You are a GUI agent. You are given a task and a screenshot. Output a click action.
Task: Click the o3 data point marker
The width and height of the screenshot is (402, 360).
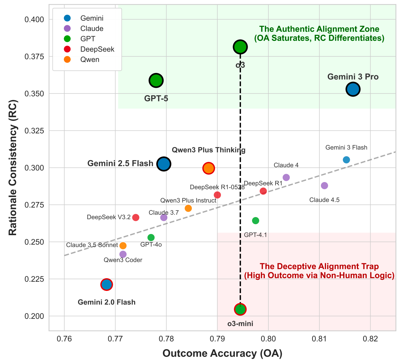[240, 47]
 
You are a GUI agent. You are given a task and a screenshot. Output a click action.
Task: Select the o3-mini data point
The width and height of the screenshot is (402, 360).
[240, 309]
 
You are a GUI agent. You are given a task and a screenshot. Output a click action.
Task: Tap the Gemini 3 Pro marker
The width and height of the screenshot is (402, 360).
[353, 89]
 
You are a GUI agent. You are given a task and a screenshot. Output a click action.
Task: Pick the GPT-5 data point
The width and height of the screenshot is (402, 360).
[156, 80]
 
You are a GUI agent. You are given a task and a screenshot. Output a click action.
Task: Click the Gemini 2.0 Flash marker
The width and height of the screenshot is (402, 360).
[106, 285]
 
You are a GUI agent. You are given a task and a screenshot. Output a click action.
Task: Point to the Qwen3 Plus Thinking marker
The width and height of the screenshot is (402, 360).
[209, 168]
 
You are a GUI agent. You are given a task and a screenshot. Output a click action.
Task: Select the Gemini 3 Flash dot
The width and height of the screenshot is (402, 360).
[346, 160]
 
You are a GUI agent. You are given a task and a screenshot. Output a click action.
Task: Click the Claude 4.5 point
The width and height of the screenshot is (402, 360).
[325, 186]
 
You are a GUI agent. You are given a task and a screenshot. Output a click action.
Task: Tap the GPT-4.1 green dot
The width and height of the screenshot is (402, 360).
[256, 221]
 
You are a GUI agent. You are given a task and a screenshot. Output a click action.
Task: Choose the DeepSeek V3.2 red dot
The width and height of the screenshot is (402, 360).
[136, 217]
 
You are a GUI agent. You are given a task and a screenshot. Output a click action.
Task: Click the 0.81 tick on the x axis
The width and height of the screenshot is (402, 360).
[319, 339]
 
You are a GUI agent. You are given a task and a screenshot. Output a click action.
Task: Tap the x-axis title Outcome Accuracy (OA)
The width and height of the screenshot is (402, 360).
[222, 353]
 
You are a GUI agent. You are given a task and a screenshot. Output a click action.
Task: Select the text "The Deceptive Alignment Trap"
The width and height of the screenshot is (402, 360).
[319, 266]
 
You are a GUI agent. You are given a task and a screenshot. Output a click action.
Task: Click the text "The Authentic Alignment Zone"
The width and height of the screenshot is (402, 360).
[319, 29]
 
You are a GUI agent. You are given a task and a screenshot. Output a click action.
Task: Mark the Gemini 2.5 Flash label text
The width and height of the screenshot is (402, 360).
[120, 163]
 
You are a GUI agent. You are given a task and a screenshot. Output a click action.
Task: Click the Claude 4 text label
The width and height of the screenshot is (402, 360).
[286, 165]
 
